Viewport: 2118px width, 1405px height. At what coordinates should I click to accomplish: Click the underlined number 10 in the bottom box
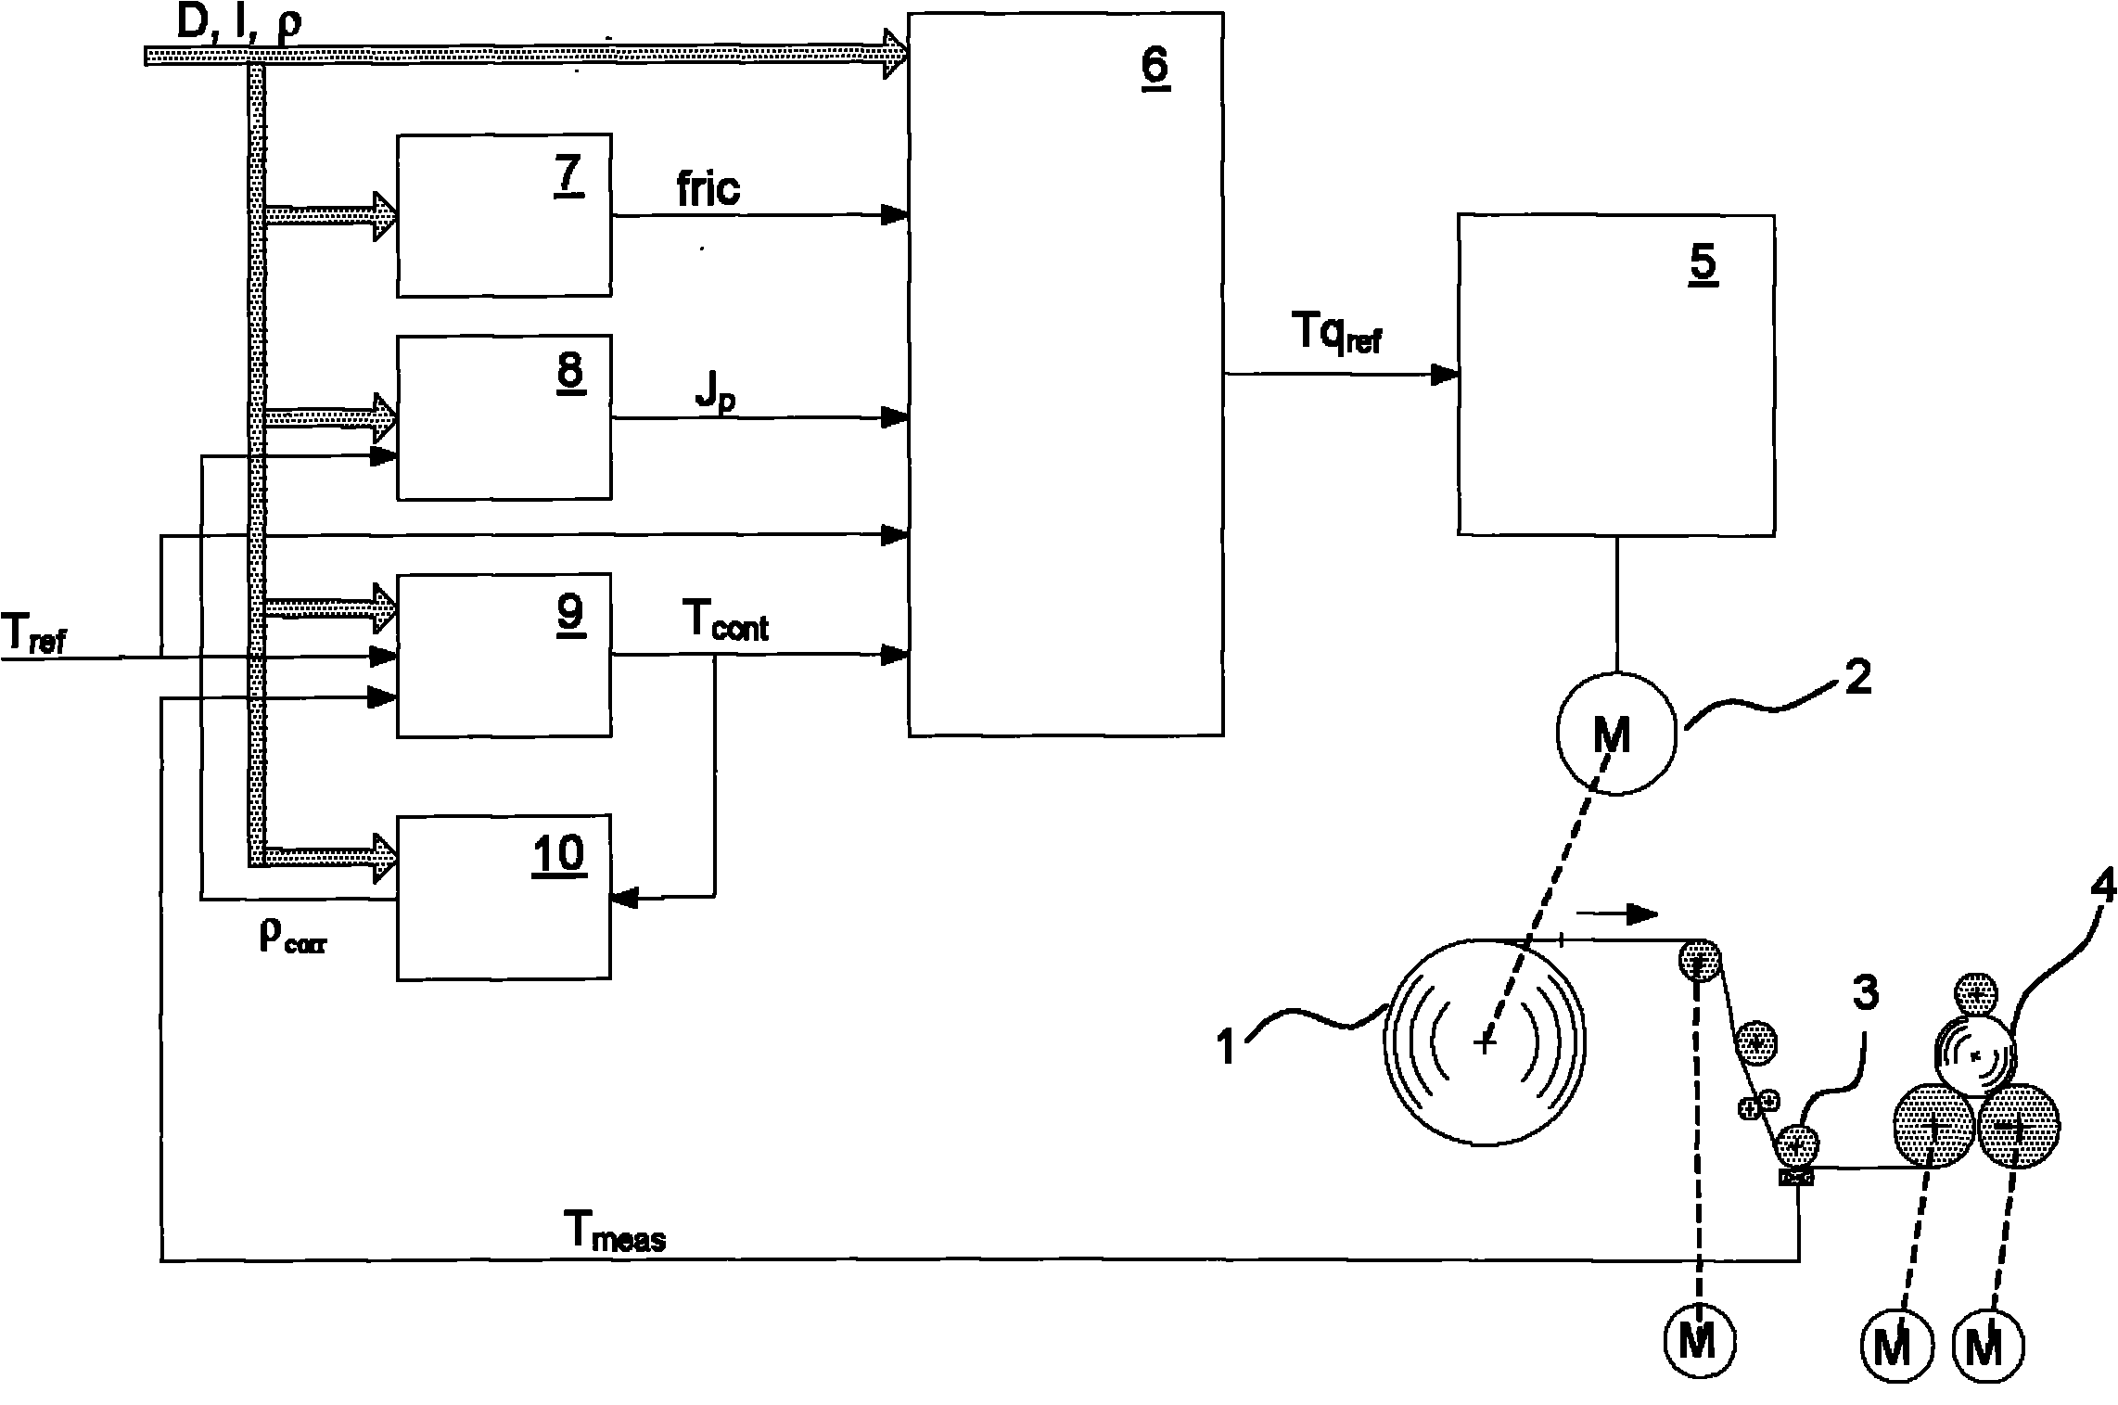pos(559,852)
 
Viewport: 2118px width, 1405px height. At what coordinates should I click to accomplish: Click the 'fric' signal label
pos(708,189)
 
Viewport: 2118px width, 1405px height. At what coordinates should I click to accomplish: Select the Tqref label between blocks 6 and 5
pos(1335,332)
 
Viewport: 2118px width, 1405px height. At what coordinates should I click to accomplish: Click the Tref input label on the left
pos(33,635)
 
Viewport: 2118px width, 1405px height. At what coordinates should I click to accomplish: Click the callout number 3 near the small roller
pos(1864,993)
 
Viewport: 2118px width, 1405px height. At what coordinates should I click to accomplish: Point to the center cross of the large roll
pos(1485,1043)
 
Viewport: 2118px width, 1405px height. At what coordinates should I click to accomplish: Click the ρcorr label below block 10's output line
pos(293,939)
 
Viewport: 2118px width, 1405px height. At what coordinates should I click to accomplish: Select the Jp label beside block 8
pos(715,398)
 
